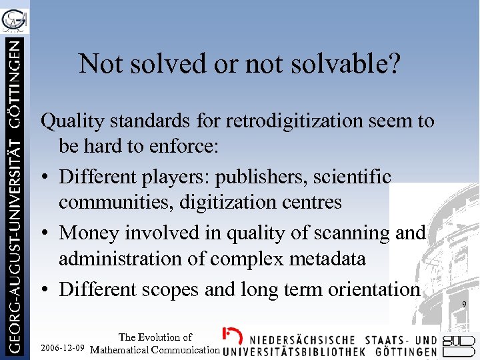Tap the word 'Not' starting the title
97,64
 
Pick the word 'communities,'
117,201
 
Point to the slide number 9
464,305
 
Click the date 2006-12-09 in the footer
62,349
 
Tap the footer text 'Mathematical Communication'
155,349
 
